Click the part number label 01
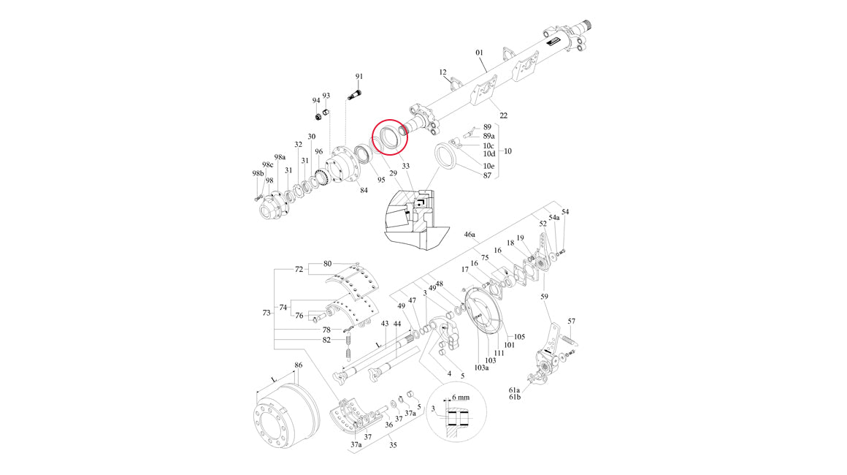point(480,53)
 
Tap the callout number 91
point(359,77)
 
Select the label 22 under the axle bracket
point(503,115)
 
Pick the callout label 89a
point(489,136)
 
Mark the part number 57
point(572,322)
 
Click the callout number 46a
point(470,235)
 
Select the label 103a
point(481,368)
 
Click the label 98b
point(256,173)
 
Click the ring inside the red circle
point(387,137)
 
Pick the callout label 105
point(519,337)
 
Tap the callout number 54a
point(554,218)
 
